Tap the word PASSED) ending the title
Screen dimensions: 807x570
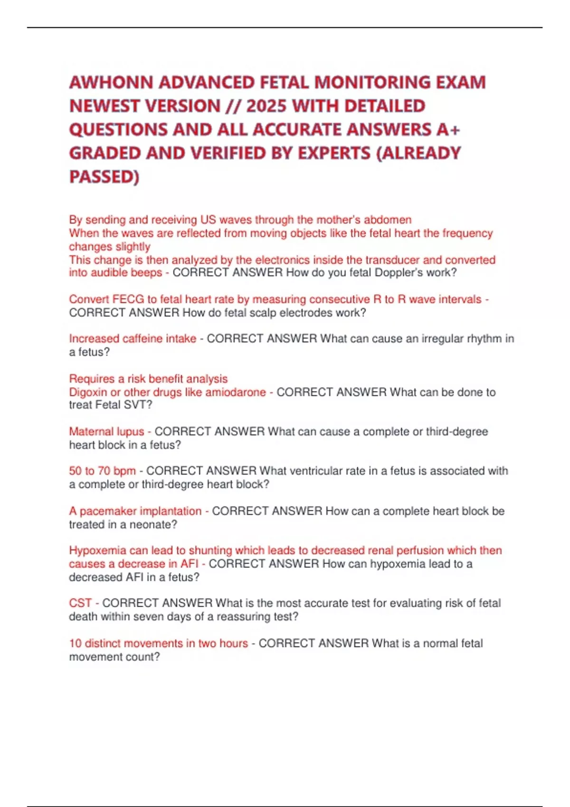[x=104, y=177]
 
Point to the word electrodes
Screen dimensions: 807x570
[x=315, y=313]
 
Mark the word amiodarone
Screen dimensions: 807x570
[x=236, y=393]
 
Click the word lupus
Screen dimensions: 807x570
[x=131, y=432]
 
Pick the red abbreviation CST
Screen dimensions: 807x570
[x=80, y=603]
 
